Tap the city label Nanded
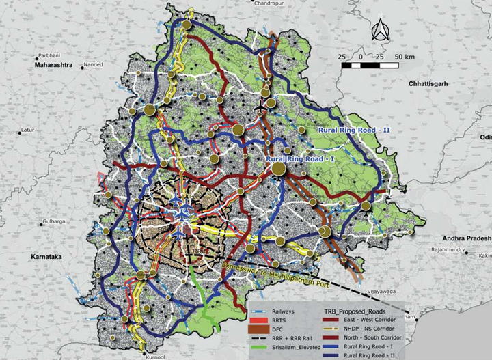coord(92,65)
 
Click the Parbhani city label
coord(49,54)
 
